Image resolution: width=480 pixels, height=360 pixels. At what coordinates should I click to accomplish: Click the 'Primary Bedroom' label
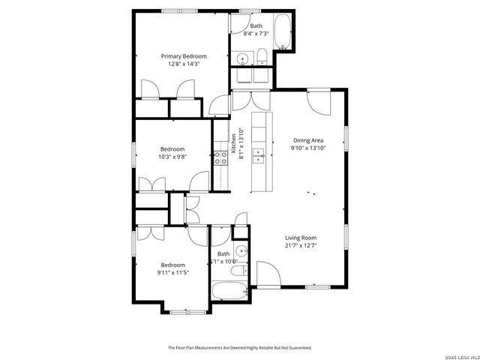[184, 56]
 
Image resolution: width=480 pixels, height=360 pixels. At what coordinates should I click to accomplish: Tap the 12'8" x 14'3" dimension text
[184, 64]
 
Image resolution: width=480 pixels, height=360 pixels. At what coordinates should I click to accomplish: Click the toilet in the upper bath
[262, 58]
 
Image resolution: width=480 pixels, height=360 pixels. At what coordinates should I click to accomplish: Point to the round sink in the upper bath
[244, 58]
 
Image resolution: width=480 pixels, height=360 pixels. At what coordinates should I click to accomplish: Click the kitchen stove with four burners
[221, 157]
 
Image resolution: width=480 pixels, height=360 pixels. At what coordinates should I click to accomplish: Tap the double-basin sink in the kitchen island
[259, 156]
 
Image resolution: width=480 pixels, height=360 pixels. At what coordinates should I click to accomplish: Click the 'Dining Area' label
[307, 140]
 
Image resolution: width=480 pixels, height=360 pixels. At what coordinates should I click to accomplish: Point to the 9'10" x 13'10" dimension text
[307, 148]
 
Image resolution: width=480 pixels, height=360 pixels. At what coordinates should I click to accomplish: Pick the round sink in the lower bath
[241, 251]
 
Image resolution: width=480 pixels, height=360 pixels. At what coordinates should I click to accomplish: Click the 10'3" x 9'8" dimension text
[172, 157]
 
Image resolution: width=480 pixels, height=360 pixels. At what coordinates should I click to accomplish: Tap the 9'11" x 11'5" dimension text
[172, 273]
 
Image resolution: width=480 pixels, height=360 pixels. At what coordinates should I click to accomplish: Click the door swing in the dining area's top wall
[318, 102]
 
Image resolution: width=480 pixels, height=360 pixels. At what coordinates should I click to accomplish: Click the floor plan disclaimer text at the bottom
[239, 348]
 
